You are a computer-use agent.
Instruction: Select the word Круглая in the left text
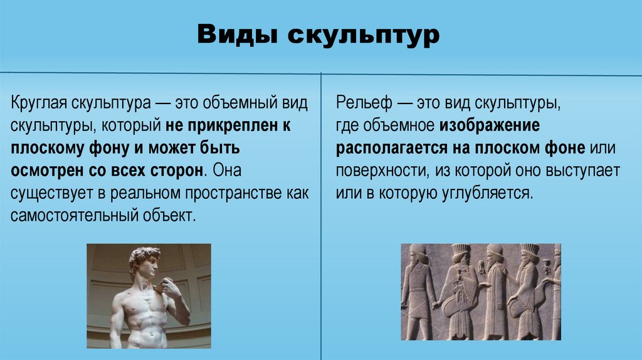38,103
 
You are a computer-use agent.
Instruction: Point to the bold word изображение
490,125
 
